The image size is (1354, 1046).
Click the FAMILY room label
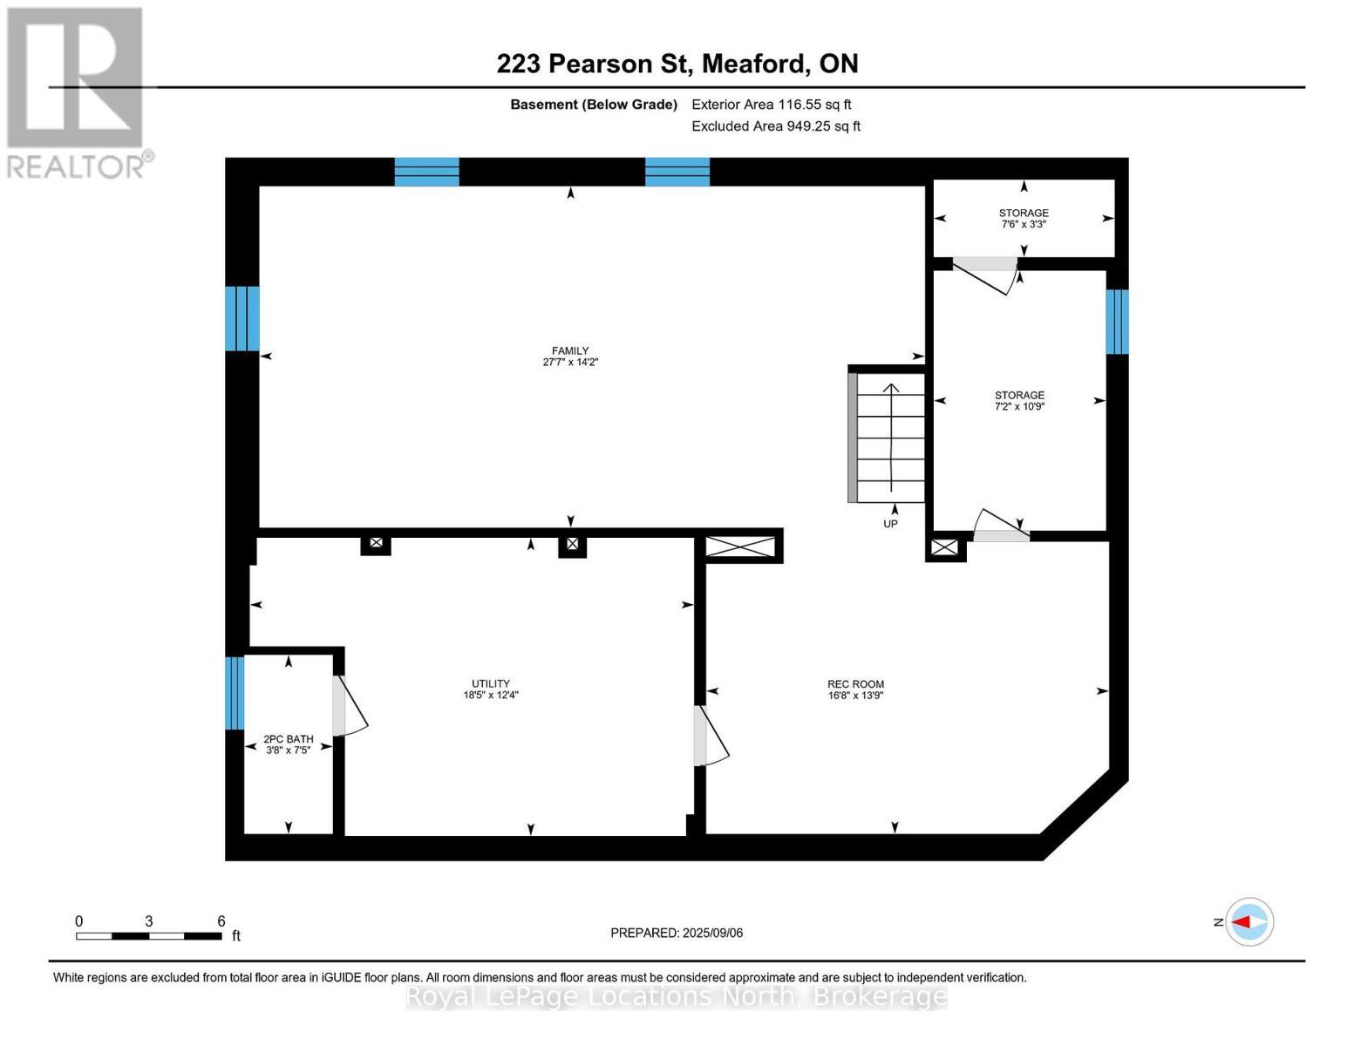pyautogui.click(x=570, y=350)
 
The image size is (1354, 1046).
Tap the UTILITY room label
pyautogui.click(x=491, y=683)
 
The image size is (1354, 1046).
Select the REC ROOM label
pyautogui.click(x=855, y=684)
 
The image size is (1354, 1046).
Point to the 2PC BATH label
pyautogui.click(x=288, y=738)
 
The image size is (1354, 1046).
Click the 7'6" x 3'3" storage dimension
pyautogui.click(x=1024, y=224)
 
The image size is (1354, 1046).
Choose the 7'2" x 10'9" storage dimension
pyautogui.click(x=1019, y=406)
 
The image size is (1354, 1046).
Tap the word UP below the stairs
pyautogui.click(x=890, y=524)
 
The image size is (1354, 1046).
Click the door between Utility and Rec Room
pyautogui.click(x=710, y=737)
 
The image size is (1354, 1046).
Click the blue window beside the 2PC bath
pyautogui.click(x=234, y=693)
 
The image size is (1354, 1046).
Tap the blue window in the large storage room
pyautogui.click(x=1117, y=322)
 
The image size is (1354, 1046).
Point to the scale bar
pyautogui.click(x=148, y=936)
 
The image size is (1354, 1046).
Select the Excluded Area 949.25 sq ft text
pyautogui.click(x=775, y=126)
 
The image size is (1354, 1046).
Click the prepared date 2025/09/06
pyautogui.click(x=677, y=933)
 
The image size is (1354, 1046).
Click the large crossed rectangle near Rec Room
pyautogui.click(x=739, y=547)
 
